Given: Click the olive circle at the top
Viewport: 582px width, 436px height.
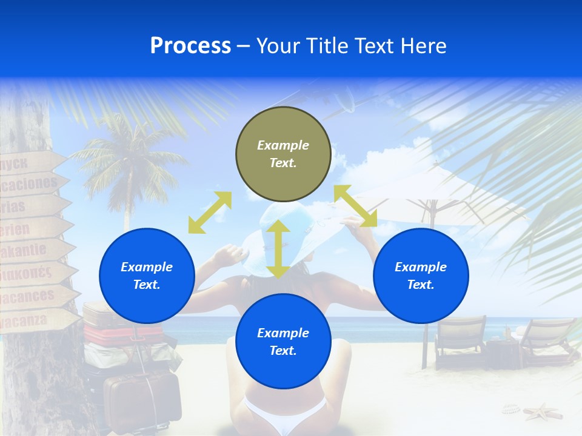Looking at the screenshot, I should [x=283, y=154].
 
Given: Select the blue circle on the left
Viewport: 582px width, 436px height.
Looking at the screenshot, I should [x=147, y=276].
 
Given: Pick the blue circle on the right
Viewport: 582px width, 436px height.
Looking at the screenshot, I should [x=421, y=276].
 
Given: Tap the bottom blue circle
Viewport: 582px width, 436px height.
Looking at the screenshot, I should [x=283, y=342].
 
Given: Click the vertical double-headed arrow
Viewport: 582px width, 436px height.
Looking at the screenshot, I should [x=278, y=248].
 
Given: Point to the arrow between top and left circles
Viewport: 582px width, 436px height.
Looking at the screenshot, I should [x=210, y=213].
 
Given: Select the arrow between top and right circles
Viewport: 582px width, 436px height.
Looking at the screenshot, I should [x=355, y=206].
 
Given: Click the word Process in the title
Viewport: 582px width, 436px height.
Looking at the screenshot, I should [x=190, y=46].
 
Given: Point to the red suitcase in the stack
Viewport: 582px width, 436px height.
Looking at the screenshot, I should [x=121, y=334].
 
